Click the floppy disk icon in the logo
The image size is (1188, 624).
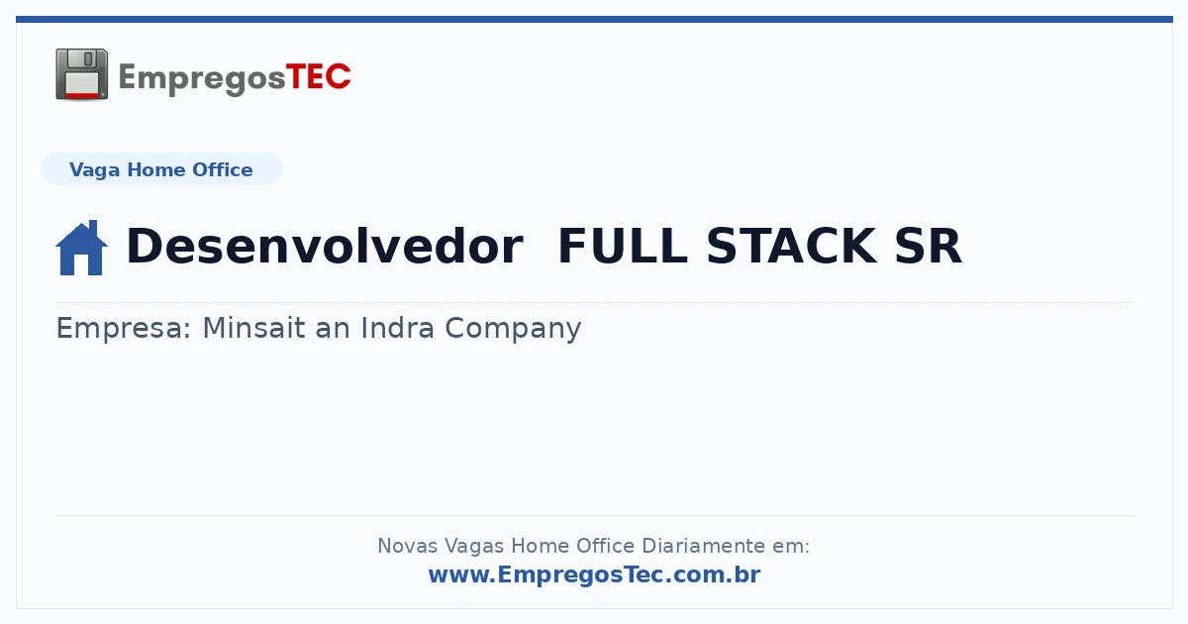coord(81,74)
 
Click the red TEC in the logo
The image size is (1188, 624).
coord(318,77)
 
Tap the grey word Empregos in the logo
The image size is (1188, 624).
coord(202,79)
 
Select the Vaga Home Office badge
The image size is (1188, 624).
coord(161,169)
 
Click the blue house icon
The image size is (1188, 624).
coord(81,248)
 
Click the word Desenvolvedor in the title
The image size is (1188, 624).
coord(325,246)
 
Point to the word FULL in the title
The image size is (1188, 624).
coord(623,246)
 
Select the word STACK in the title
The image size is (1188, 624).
coord(791,246)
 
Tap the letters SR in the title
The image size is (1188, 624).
coord(929,246)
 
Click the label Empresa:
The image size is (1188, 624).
coord(123,329)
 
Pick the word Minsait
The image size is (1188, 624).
coord(253,328)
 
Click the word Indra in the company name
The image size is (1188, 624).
coord(397,328)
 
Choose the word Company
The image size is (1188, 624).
coord(513,329)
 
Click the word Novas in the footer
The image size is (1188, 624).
coord(407,546)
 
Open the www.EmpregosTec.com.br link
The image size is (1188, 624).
coord(595,574)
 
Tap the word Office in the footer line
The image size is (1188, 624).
coord(605,546)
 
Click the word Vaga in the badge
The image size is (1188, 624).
coord(94,170)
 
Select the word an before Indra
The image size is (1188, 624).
coord(333,329)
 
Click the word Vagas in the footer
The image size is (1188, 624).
coord(473,547)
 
